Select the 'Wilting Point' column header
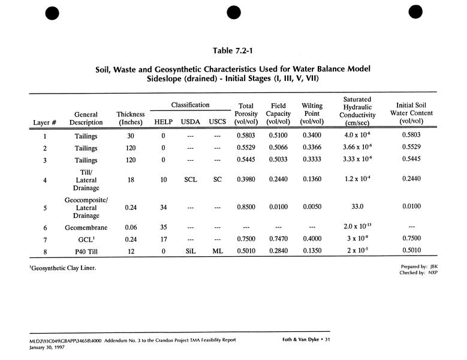pyautogui.click(x=312, y=113)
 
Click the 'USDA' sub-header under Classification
pyautogui.click(x=190, y=122)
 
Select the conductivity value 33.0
pyautogui.click(x=357, y=207)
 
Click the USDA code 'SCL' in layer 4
pyautogui.click(x=190, y=179)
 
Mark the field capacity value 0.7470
pyautogui.click(x=279, y=239)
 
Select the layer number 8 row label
pyautogui.click(x=45, y=250)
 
